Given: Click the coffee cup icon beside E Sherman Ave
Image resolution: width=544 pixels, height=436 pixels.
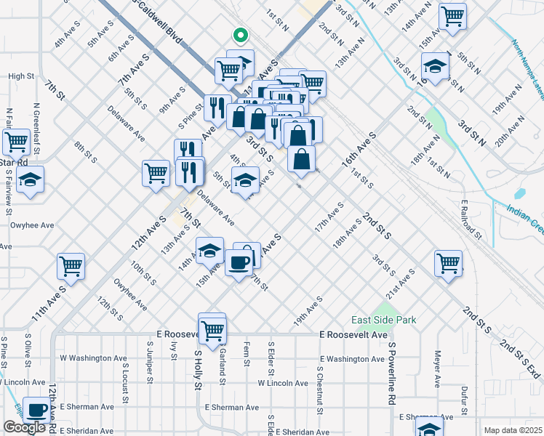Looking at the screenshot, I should click(36, 409).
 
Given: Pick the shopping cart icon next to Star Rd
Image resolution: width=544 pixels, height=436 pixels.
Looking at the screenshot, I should click(16, 140).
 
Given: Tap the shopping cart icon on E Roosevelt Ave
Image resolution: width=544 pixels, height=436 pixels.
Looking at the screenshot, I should click(212, 330).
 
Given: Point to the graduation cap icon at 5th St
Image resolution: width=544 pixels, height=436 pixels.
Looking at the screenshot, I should click(245, 179).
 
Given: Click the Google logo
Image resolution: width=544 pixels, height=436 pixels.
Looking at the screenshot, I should click(24, 427).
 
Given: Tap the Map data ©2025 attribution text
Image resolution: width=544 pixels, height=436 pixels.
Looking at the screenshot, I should click(512, 430).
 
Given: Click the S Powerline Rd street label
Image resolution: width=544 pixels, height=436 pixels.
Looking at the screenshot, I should click(391, 374).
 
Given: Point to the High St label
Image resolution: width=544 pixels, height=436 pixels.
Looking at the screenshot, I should click(21, 76).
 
